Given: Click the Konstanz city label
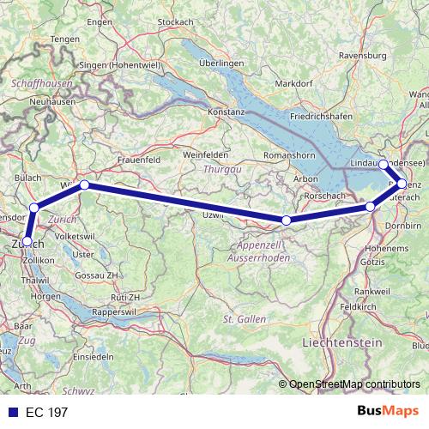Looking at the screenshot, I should pyautogui.click(x=227, y=112).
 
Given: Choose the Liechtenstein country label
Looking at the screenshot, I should pyautogui.click(x=341, y=342).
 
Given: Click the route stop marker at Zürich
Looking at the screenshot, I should pyautogui.click(x=27, y=241).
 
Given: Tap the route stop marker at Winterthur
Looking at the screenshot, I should pyautogui.click(x=84, y=184).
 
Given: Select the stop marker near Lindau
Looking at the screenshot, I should pyautogui.click(x=383, y=164).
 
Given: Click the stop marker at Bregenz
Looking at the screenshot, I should pyautogui.click(x=402, y=184).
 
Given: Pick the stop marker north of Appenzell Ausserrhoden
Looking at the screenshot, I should pyautogui.click(x=287, y=221).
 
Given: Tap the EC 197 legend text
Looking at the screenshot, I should pyautogui.click(x=45, y=412).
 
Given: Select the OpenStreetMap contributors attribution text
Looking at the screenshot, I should pyautogui.click(x=354, y=384).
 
